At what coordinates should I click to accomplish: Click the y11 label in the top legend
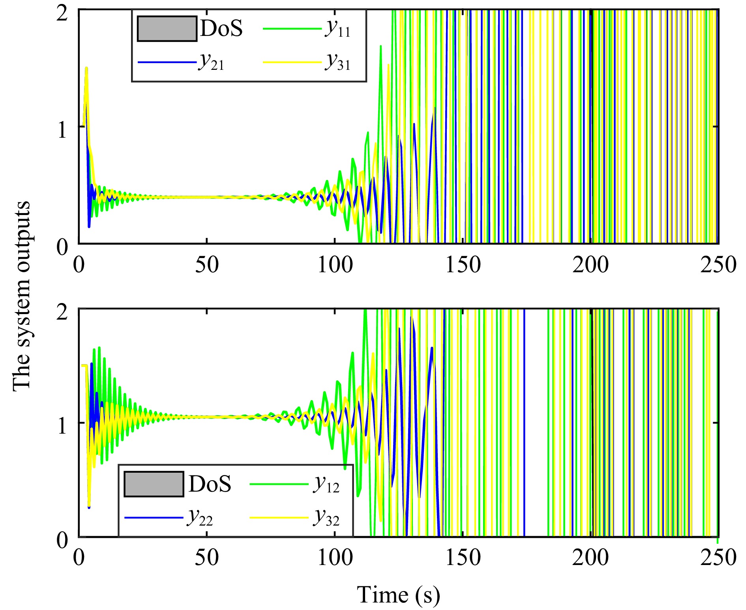click(x=338, y=29)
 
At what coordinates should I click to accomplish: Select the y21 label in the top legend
click(x=211, y=62)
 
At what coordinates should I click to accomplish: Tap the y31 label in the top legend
click(x=338, y=62)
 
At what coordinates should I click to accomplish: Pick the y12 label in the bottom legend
click(x=326, y=485)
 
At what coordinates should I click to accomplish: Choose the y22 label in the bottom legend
click(x=200, y=518)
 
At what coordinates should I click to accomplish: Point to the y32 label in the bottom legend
click(x=326, y=518)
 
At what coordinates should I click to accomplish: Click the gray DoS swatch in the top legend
click(x=167, y=29)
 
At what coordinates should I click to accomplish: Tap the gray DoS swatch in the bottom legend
click(x=154, y=484)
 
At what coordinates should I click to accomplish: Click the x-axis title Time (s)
click(x=398, y=595)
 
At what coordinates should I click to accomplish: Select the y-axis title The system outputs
click(x=22, y=296)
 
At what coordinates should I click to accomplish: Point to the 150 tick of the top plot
click(x=463, y=265)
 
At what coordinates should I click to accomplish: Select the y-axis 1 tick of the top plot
click(x=62, y=129)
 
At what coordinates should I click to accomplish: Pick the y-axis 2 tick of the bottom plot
click(x=62, y=312)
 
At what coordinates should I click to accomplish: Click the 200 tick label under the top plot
click(x=590, y=265)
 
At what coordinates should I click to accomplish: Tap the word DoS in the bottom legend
click(x=210, y=484)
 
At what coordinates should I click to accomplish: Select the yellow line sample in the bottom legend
click(x=279, y=518)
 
